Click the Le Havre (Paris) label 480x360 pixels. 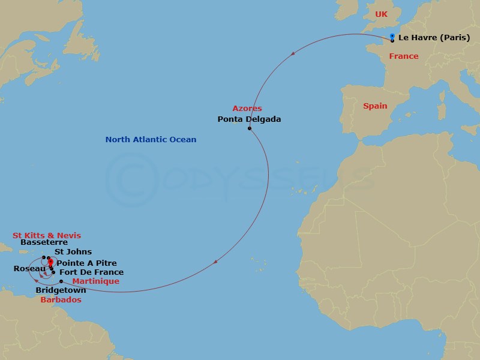(x=434, y=37)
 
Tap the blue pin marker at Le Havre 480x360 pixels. (x=392, y=37)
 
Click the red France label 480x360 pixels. (x=403, y=56)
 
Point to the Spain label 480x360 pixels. (x=375, y=106)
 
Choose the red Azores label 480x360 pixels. (x=247, y=109)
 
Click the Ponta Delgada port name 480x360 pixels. (x=249, y=119)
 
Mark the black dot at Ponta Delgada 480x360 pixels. (x=249, y=128)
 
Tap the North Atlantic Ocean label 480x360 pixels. (x=151, y=140)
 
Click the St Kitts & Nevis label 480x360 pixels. (x=47, y=235)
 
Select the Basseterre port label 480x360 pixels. (x=44, y=243)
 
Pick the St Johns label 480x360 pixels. (x=73, y=252)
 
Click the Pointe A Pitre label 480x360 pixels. (x=86, y=263)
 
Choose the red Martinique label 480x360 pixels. (x=95, y=281)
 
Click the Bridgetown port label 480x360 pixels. (x=61, y=290)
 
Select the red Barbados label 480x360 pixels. (x=61, y=299)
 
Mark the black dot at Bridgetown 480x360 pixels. (x=61, y=281)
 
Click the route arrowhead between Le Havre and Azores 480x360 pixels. (x=293, y=54)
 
